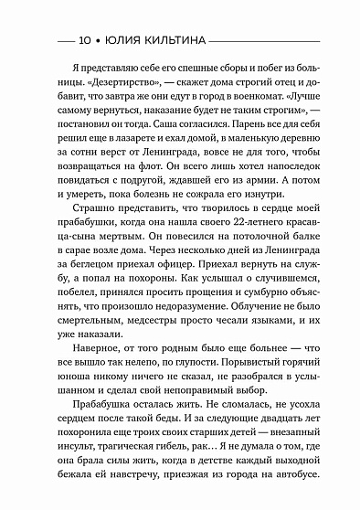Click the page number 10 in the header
(85, 41)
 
